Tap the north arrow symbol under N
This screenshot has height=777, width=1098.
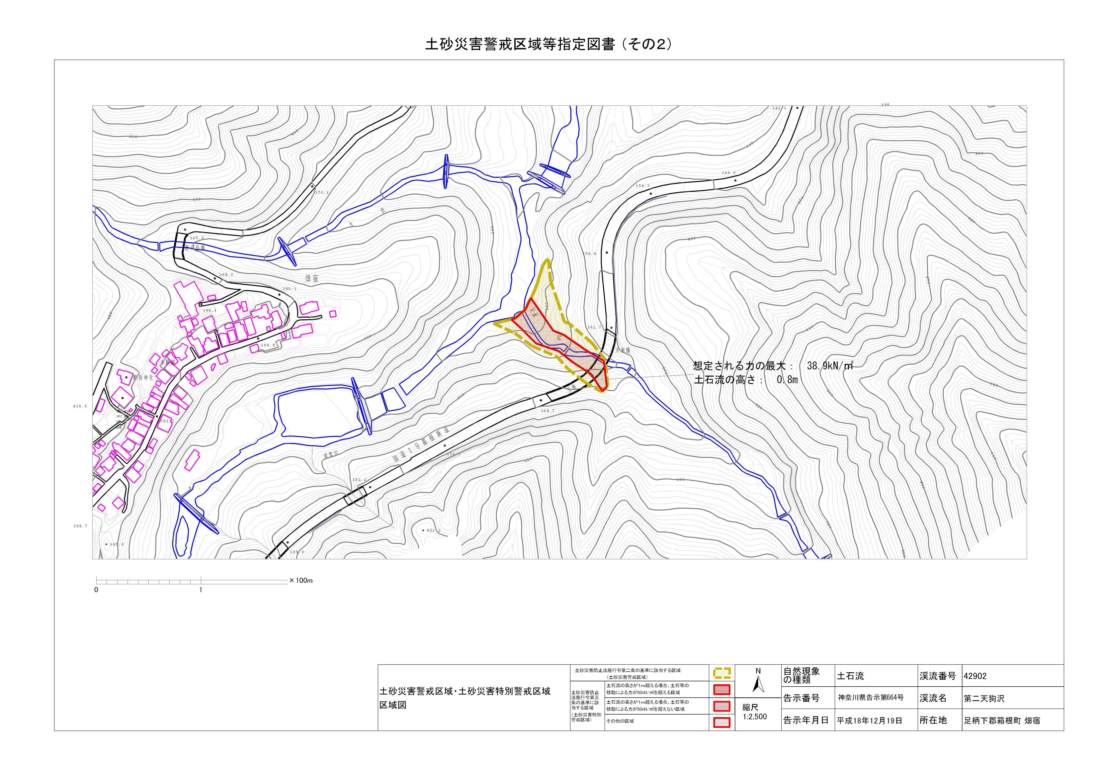[758, 686]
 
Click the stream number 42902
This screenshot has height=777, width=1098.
[975, 676]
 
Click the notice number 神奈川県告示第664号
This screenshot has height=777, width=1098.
[870, 698]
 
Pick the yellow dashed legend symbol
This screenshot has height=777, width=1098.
[721, 673]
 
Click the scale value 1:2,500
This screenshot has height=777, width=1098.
[755, 717]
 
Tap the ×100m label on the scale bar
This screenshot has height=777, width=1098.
[301, 580]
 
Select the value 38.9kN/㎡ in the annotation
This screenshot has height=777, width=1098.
[830, 366]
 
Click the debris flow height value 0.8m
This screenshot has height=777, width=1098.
[786, 381]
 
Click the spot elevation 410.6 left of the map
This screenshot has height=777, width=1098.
[80, 406]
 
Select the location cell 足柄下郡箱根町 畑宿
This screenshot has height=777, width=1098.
[1001, 721]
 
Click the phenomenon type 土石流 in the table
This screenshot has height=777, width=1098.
[850, 676]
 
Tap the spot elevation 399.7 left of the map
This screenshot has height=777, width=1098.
[80, 526]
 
